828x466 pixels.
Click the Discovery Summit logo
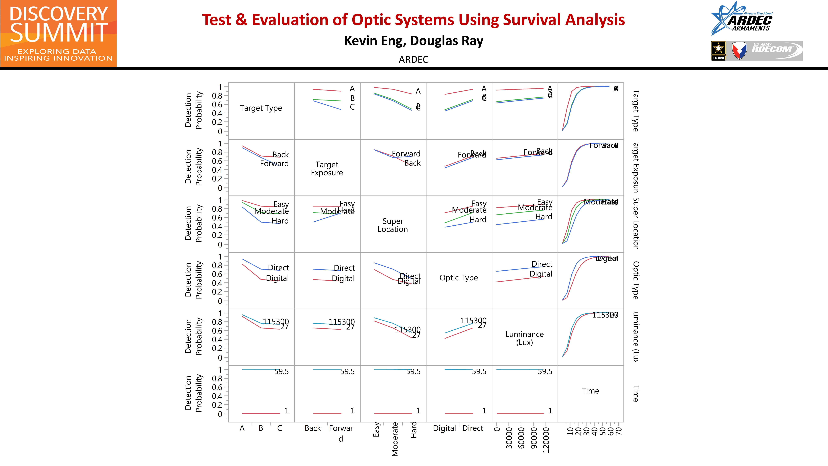coord(58,33)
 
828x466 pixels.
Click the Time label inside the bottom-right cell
coord(590,391)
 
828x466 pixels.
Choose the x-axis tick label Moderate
coord(395,439)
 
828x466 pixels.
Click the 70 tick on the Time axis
coord(619,431)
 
